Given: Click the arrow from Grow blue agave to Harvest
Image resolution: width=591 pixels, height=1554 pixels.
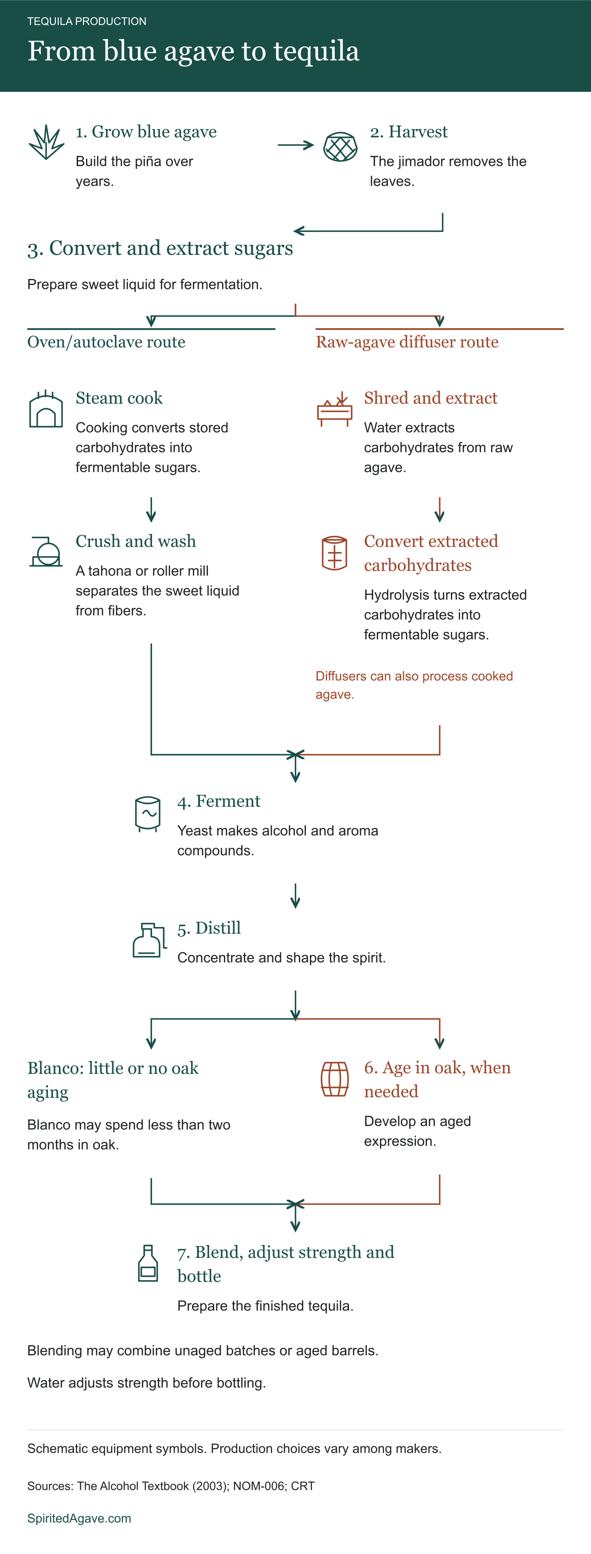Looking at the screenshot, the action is pyautogui.click(x=295, y=145).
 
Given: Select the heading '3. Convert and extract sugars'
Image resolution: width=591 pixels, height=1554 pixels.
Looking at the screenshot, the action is pyautogui.click(x=160, y=248).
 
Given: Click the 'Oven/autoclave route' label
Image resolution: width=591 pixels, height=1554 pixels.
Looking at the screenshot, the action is pyautogui.click(x=106, y=342).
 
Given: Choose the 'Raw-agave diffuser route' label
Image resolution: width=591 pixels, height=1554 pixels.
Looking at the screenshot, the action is pyautogui.click(x=407, y=342).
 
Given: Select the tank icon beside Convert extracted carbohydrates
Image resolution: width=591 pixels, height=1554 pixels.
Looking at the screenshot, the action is pyautogui.click(x=334, y=552).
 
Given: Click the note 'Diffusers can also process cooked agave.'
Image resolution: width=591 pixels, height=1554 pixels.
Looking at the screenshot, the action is pyautogui.click(x=414, y=685).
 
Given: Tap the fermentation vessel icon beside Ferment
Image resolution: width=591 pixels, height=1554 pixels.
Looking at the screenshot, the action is pyautogui.click(x=148, y=814).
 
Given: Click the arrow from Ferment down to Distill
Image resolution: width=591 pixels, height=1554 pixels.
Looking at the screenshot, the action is pyautogui.click(x=295, y=896).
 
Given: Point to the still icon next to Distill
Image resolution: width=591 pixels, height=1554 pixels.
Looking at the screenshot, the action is pyautogui.click(x=149, y=940).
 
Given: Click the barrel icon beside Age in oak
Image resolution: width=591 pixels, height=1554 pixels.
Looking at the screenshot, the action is pyautogui.click(x=334, y=1079).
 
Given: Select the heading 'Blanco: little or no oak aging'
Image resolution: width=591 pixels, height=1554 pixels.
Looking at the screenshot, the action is pyautogui.click(x=113, y=1080).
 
